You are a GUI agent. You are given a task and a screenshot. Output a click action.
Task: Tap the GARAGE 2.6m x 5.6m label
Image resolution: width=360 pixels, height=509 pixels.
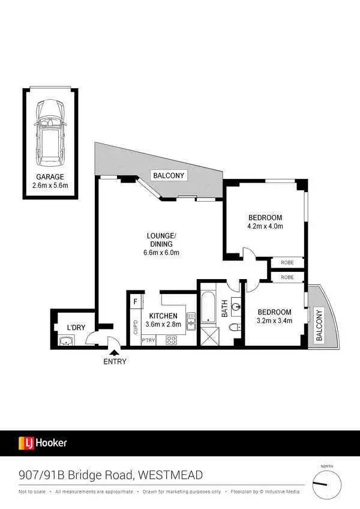[x=50, y=182]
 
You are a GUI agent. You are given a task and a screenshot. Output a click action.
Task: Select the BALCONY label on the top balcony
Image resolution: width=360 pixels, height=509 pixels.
[x=169, y=175]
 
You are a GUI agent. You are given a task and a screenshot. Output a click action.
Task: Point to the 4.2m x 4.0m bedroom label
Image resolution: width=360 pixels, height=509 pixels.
[x=265, y=221]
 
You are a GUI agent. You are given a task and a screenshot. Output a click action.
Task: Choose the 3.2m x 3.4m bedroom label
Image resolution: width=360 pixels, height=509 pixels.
[x=274, y=316]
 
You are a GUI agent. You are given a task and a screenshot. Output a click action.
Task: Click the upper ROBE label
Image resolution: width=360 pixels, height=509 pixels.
[x=287, y=262]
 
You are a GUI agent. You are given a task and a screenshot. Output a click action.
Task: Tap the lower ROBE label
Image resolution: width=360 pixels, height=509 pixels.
[x=287, y=277]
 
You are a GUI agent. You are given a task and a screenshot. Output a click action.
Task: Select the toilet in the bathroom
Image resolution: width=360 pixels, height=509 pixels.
[x=235, y=327]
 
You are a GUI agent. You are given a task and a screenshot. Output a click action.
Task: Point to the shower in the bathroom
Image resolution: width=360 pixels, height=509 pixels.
[x=210, y=337]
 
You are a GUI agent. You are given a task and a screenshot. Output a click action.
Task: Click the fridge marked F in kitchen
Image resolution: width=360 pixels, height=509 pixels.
[x=136, y=301]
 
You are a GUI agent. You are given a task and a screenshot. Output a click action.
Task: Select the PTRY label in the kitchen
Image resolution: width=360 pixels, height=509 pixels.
[x=148, y=340]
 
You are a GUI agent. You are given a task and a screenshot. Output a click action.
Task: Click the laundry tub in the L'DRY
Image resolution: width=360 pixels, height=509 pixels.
[x=65, y=341]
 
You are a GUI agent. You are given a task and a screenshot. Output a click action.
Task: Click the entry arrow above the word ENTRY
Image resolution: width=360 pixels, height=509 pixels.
[x=114, y=353]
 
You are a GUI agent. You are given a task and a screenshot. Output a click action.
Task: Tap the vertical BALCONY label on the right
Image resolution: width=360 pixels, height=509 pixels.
[x=319, y=325]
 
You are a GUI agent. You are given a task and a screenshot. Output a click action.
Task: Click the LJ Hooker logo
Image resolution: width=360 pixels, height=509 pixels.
[x=43, y=444]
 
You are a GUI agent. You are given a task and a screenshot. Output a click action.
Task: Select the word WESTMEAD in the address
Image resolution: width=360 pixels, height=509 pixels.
[x=170, y=475]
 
